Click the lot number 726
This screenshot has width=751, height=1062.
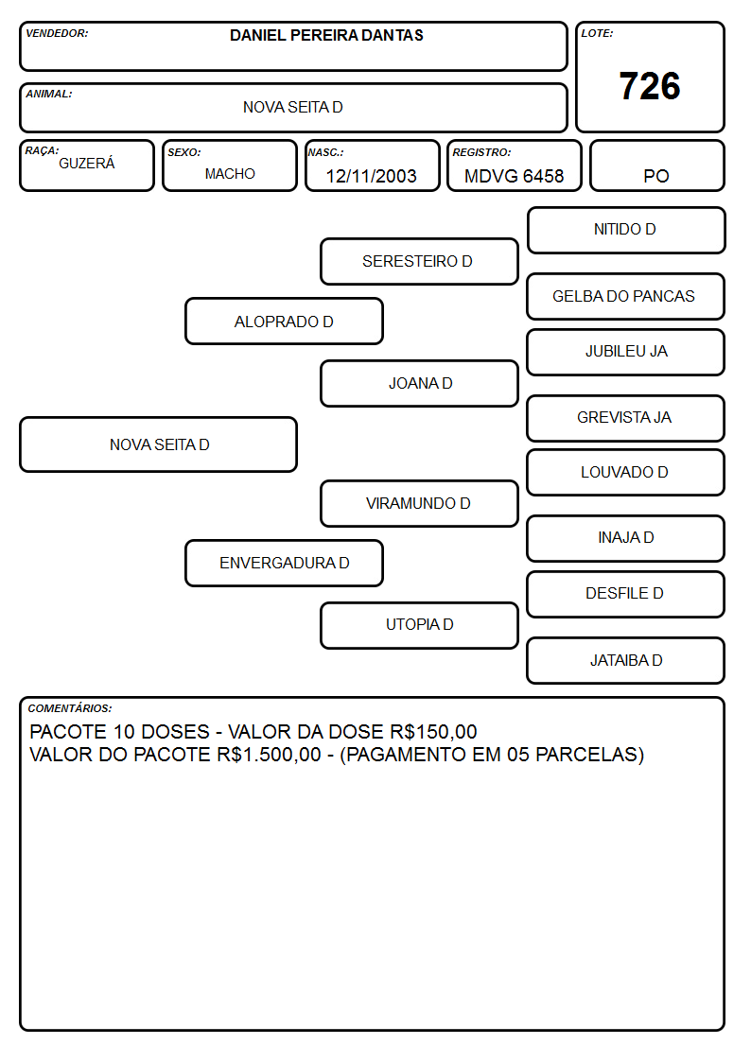coord(650,86)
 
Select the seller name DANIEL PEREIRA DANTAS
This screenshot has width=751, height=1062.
coord(326,35)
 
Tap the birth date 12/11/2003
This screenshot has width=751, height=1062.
coord(371,176)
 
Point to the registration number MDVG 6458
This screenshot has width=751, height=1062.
coord(514,176)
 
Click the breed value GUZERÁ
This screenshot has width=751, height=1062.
coord(87,163)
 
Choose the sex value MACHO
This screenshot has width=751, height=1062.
coord(230,174)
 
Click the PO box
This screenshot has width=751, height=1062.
coord(656,165)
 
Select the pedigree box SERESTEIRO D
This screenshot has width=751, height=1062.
coord(419,261)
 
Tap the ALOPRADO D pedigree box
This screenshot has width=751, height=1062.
coord(285,321)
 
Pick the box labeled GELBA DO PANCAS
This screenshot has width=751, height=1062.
coord(626,296)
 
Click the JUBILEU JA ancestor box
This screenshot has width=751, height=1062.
coord(626,352)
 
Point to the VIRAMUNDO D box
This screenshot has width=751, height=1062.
coord(419,503)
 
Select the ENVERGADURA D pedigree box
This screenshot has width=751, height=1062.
coord(285,563)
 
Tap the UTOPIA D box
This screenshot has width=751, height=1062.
coord(419,625)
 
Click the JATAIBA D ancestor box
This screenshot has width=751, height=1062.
coord(626,660)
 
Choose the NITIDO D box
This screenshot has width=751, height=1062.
coord(626,231)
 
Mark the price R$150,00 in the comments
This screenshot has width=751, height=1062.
coord(433,731)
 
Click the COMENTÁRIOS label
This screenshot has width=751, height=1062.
coord(70,708)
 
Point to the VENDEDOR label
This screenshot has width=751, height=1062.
coord(57,33)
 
